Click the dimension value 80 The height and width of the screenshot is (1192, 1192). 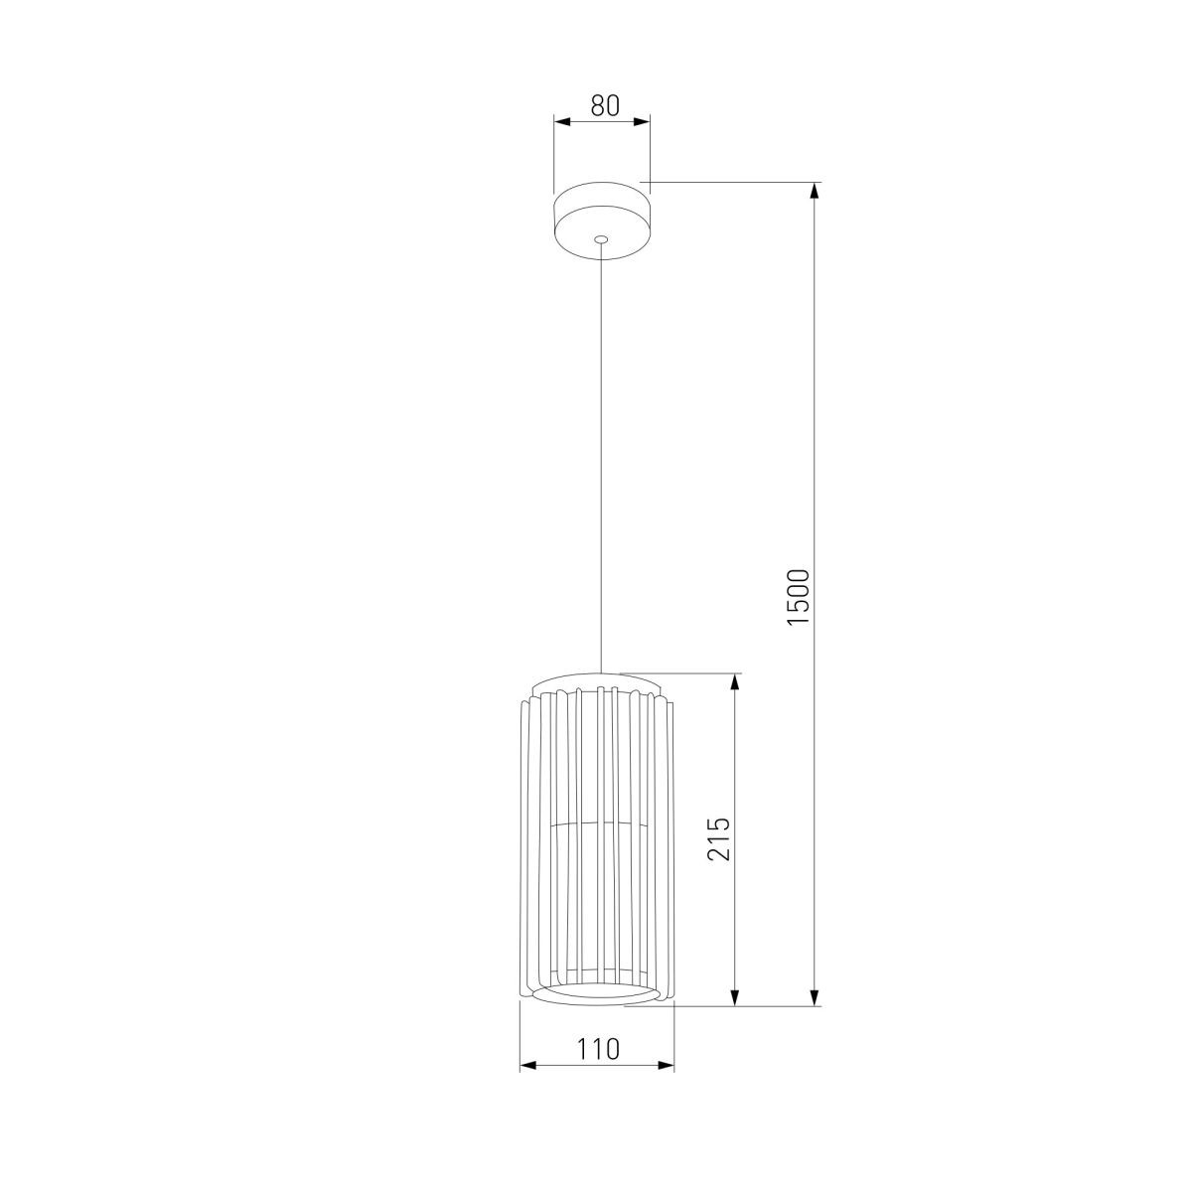click(x=604, y=105)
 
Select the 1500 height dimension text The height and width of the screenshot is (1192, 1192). click(x=799, y=596)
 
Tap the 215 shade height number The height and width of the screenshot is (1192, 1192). click(x=720, y=838)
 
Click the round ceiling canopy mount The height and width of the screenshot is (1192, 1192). click(x=602, y=221)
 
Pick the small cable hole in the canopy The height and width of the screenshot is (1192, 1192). click(x=601, y=238)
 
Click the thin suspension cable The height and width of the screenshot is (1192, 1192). click(x=601, y=457)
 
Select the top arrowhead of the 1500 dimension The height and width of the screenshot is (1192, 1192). click(x=815, y=192)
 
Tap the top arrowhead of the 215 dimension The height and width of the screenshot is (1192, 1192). click(x=735, y=682)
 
